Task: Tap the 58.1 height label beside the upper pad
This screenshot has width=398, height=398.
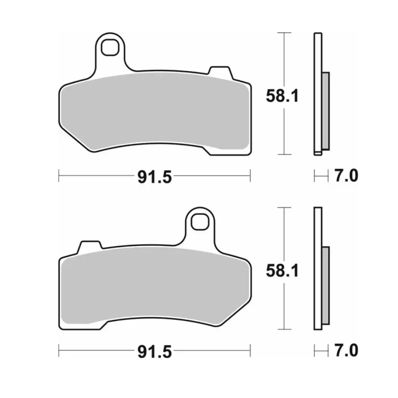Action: click(x=282, y=96)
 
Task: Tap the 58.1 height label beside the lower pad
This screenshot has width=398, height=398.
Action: click(x=282, y=271)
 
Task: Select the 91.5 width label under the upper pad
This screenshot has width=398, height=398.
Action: click(x=155, y=177)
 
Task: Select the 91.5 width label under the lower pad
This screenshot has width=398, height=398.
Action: click(x=155, y=352)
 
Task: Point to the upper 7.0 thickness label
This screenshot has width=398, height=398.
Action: click(x=346, y=176)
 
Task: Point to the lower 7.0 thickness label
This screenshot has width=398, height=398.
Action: click(x=346, y=350)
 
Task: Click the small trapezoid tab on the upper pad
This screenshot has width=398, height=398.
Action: click(x=220, y=73)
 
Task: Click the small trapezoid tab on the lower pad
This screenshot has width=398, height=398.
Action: click(x=90, y=247)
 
